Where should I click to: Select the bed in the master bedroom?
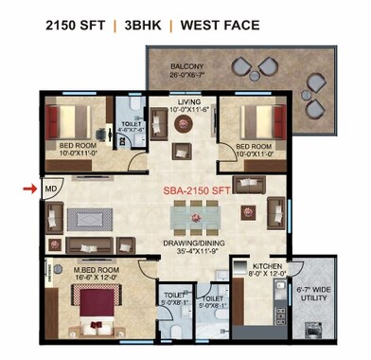(91, 309)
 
